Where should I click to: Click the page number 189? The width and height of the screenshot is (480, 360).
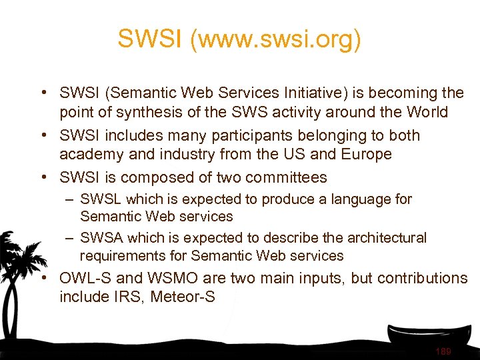[x=443, y=351]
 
